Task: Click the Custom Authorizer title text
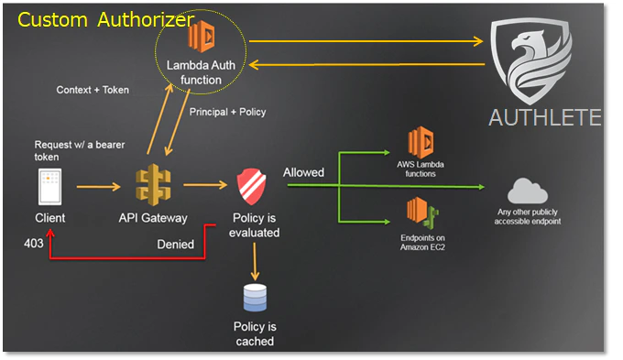point(106,19)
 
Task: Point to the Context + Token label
point(93,90)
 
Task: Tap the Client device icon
point(49,188)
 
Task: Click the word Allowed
point(303,172)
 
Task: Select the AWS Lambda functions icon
point(423,144)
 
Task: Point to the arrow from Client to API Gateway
point(98,188)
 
